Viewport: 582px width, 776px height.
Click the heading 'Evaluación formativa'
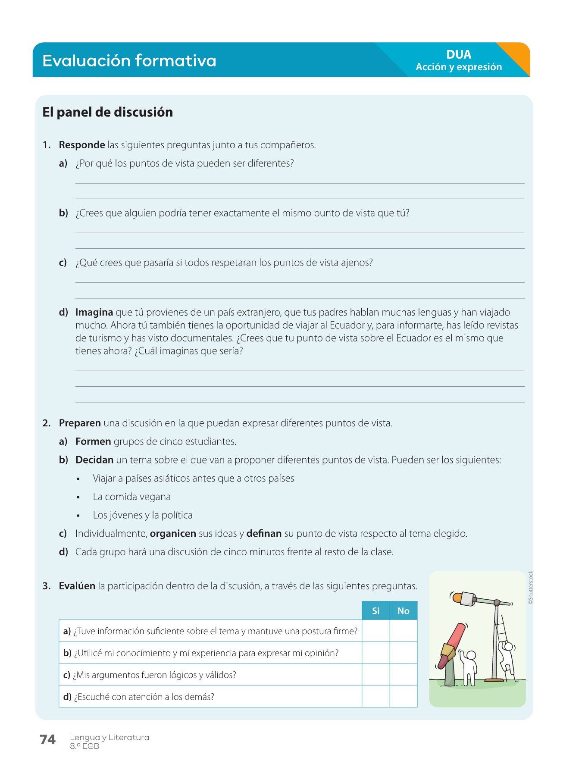tap(129, 61)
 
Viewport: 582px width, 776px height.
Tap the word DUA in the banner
tap(459, 55)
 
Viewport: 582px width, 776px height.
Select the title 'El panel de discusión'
tap(107, 112)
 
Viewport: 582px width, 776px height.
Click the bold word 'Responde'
tap(82, 145)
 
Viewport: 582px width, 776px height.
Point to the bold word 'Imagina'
tap(94, 312)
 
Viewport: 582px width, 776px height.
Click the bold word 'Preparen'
tap(80, 423)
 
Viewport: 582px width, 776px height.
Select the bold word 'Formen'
tap(93, 441)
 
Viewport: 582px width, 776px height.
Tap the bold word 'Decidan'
tap(94, 460)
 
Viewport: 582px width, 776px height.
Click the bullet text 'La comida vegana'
tap(131, 497)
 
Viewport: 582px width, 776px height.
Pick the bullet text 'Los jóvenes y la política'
tap(143, 515)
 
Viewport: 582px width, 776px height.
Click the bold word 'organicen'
tap(173, 534)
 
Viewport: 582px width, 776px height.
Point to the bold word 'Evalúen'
tap(77, 586)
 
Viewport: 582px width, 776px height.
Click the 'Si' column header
tap(376, 611)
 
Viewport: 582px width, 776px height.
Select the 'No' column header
tap(404, 611)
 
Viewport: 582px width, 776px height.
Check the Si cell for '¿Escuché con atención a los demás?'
tap(376, 696)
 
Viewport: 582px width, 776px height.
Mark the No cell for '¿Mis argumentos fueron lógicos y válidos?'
tap(404, 674)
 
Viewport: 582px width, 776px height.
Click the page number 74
tap(48, 740)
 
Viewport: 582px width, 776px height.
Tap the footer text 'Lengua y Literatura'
tap(110, 737)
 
